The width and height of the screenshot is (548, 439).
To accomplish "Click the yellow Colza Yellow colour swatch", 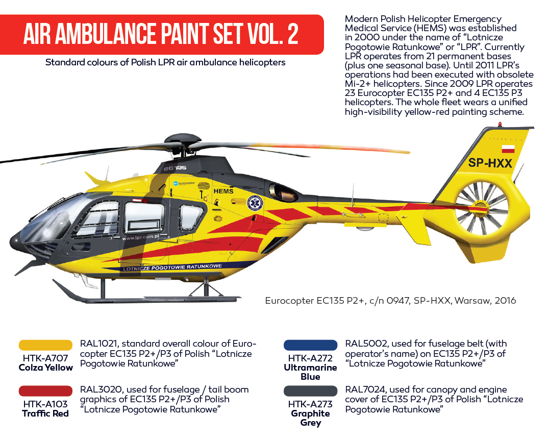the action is click(x=45, y=345).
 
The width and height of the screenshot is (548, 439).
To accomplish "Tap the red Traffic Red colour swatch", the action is click(x=45, y=391).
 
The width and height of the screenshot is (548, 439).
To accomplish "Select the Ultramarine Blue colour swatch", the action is click(x=310, y=345).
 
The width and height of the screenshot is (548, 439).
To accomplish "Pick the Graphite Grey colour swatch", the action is click(x=310, y=391).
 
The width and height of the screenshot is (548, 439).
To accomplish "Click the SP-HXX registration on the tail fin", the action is click(x=490, y=163).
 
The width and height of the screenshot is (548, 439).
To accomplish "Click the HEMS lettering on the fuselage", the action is click(x=223, y=191).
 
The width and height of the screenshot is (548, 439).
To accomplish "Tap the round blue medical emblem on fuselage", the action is click(x=255, y=203).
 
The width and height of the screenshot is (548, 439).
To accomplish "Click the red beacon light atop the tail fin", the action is click(x=500, y=124).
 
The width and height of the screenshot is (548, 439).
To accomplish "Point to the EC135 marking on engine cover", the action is click(x=175, y=168).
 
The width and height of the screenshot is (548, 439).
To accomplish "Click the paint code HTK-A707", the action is click(x=45, y=358).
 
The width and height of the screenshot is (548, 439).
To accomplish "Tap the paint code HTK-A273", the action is click(x=310, y=404).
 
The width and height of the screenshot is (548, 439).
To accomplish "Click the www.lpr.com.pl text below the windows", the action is click(x=140, y=237).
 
